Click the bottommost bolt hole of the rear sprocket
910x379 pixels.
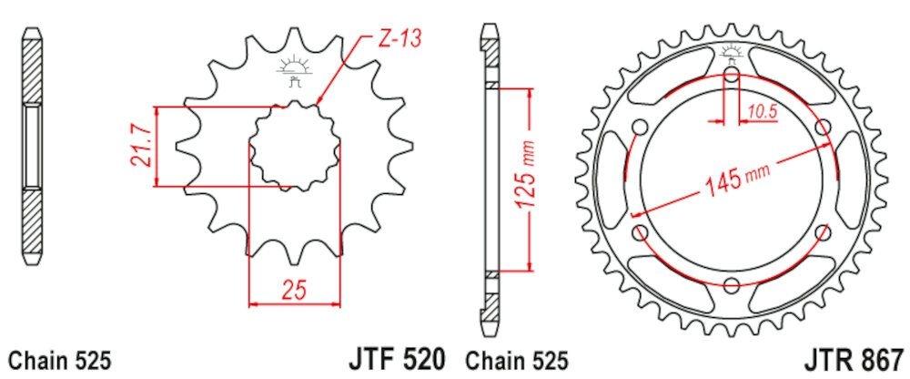[732, 285]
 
